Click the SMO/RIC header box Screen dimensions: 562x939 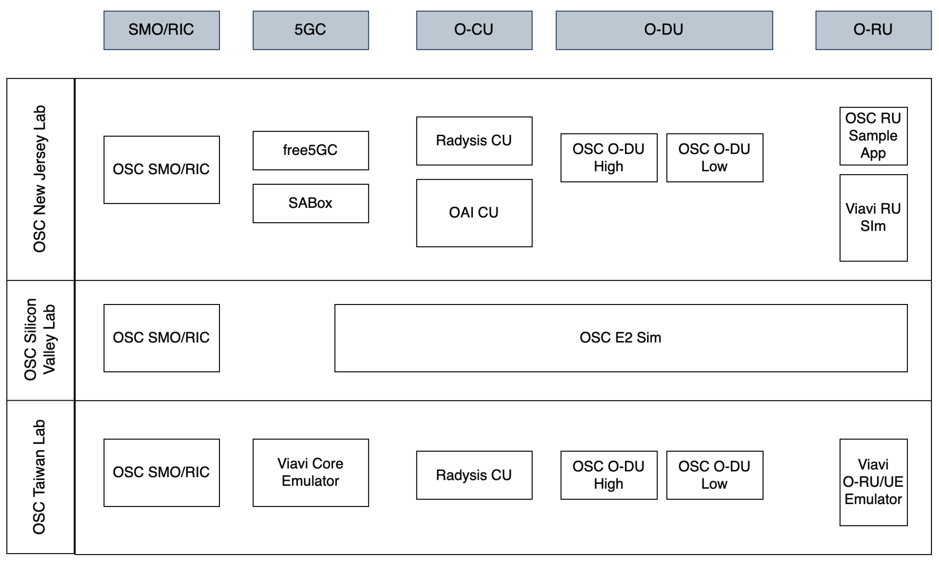pos(161,30)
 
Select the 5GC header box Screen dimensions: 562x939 pos(311,30)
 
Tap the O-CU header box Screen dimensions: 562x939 pos(474,30)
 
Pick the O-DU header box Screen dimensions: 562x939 pos(664,30)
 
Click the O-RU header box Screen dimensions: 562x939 pos(873,30)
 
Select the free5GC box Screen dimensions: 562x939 pos(311,151)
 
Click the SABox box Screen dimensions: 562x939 pos(311,203)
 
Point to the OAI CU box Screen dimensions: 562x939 pos(474,213)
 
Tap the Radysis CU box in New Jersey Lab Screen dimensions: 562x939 pos(474,141)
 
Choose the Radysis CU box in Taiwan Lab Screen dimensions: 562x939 pos(474,475)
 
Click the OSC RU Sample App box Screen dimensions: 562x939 pos(873,136)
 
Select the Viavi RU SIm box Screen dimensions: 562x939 pos(873,218)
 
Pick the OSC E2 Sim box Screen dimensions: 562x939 pos(620,338)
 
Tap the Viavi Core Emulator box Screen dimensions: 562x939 pos(311,473)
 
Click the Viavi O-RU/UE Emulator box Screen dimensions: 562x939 pos(873,482)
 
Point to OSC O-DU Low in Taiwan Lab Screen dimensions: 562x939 pos(714,475)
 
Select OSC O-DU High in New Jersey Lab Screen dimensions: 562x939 pos(609,158)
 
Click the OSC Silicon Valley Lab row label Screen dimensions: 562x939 pos(40,340)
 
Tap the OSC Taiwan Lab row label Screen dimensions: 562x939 pos(40,477)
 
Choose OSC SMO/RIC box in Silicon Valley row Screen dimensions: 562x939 pos(161,338)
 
